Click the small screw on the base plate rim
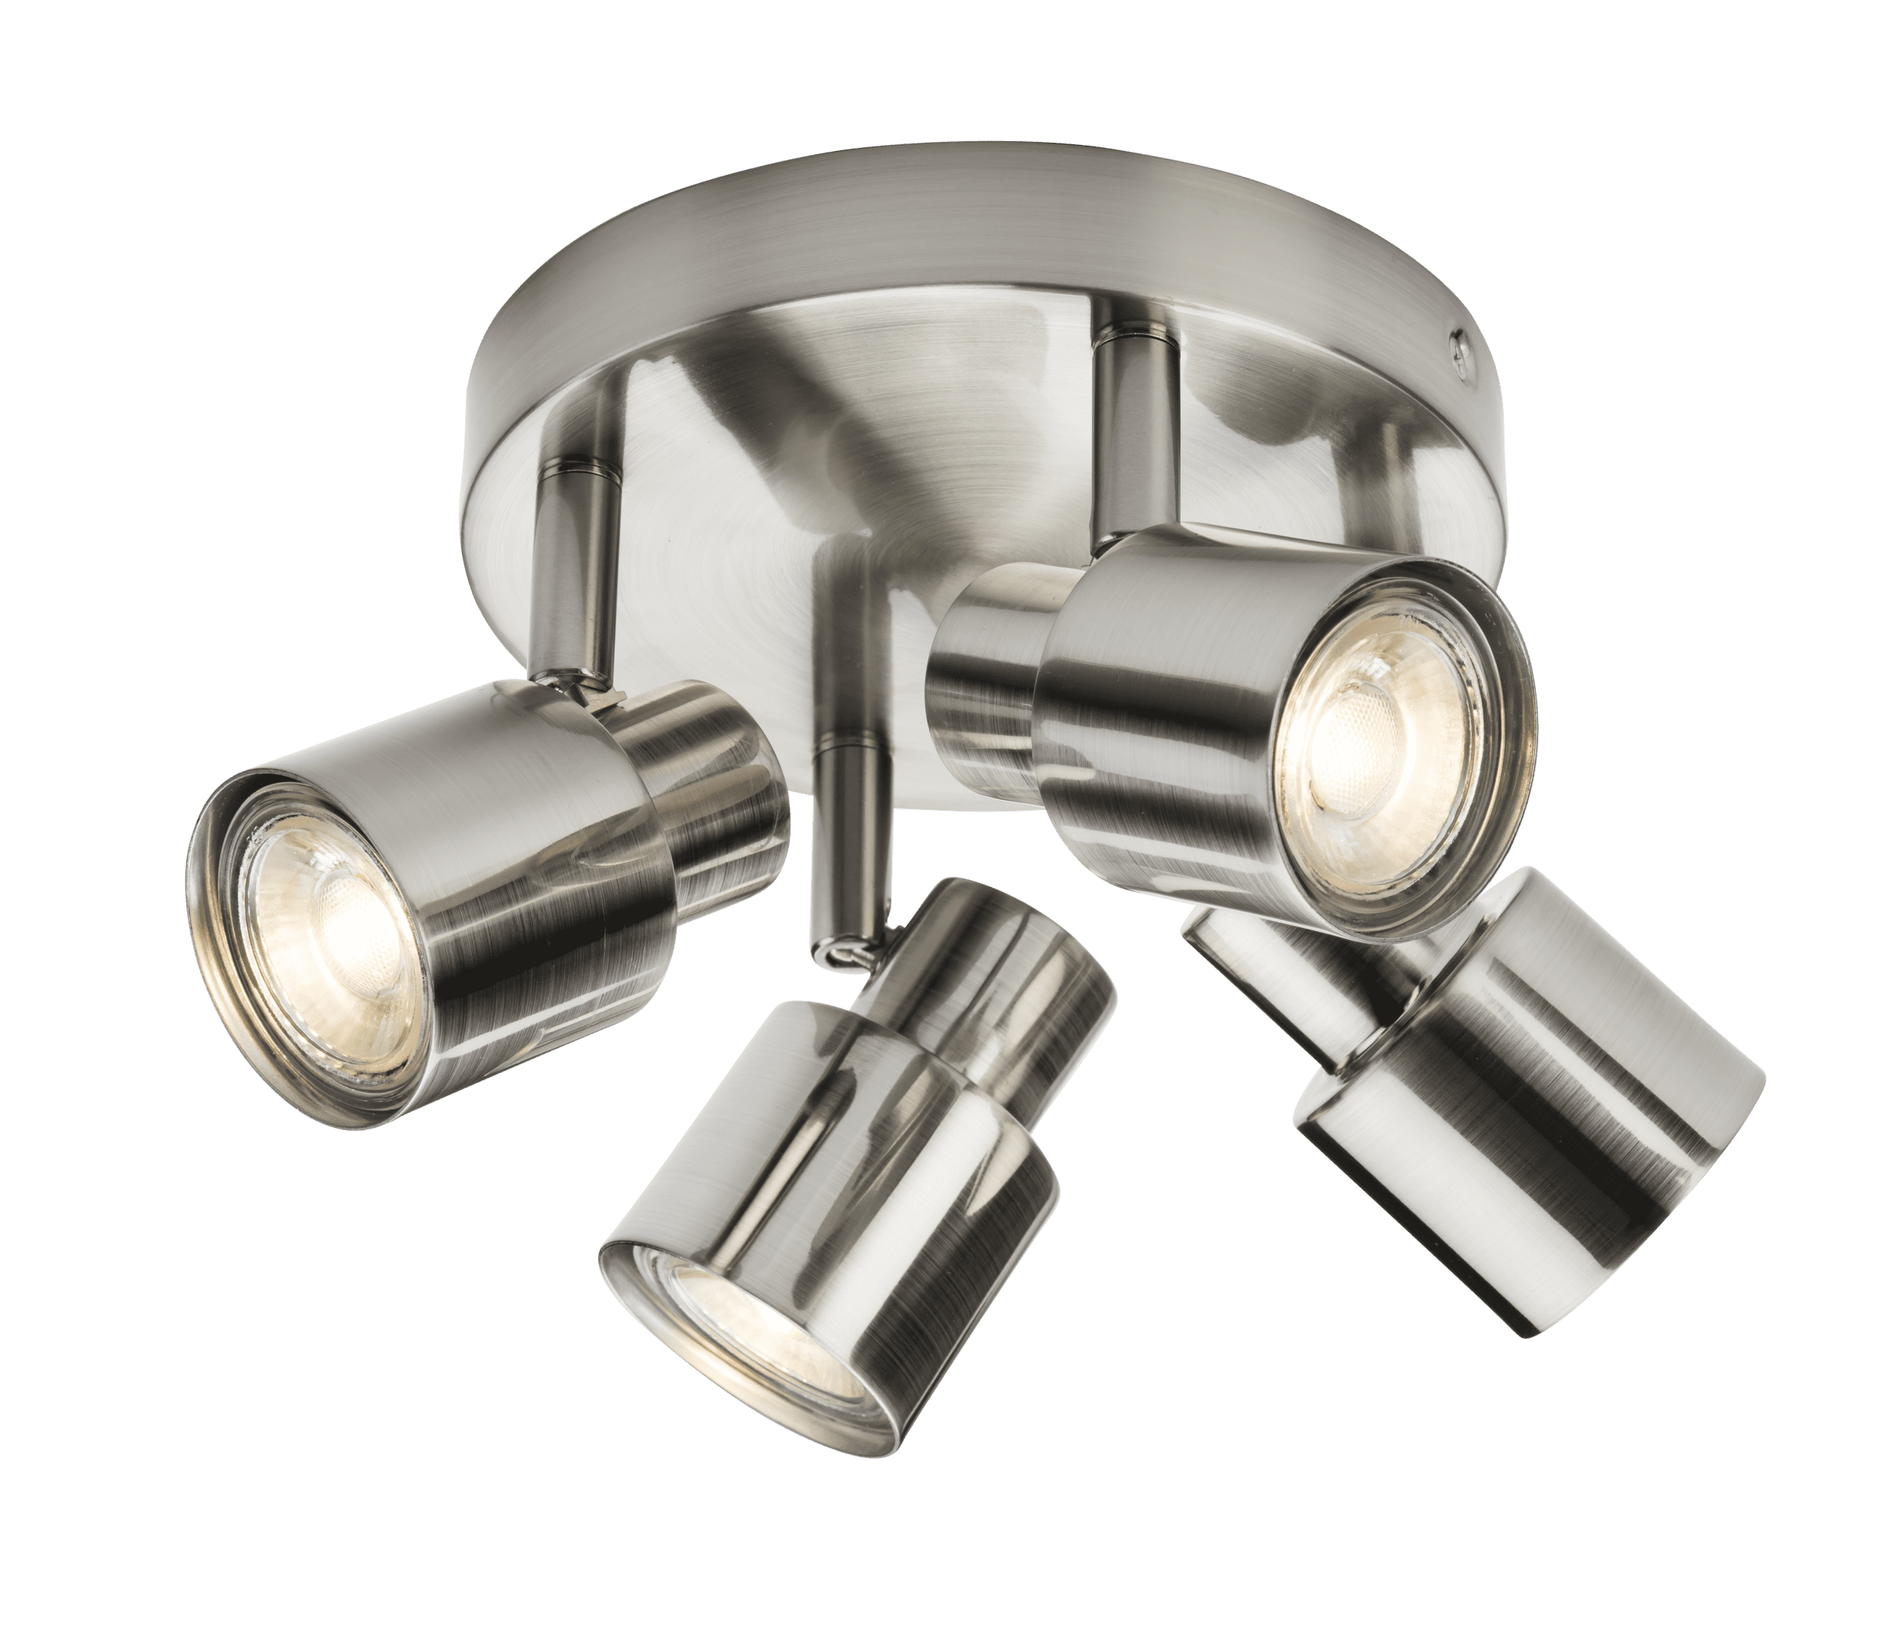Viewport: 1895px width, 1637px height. [1460, 349]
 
